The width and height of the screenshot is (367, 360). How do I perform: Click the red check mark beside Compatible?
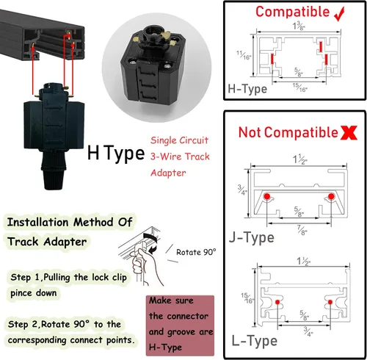340,14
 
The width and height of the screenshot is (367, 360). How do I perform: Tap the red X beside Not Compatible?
349,133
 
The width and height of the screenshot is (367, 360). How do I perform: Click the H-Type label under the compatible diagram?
247,89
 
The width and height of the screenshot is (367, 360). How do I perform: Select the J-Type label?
252,237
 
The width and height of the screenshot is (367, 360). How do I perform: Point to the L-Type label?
255,341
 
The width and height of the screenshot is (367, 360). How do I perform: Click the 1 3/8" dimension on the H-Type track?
299,26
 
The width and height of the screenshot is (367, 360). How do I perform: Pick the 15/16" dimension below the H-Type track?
299,87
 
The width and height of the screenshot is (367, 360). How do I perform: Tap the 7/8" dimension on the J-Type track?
302,231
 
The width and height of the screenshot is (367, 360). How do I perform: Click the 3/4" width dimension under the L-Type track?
308,331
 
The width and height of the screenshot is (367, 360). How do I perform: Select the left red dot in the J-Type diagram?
266,196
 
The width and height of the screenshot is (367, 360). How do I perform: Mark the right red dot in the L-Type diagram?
330,302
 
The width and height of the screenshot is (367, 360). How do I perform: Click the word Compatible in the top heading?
293,12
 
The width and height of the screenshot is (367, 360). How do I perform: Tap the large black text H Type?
116,153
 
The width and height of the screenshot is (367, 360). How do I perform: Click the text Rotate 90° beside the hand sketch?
196,252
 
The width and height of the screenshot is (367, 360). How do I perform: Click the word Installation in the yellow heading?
37,222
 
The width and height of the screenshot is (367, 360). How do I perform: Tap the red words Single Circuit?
179,140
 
